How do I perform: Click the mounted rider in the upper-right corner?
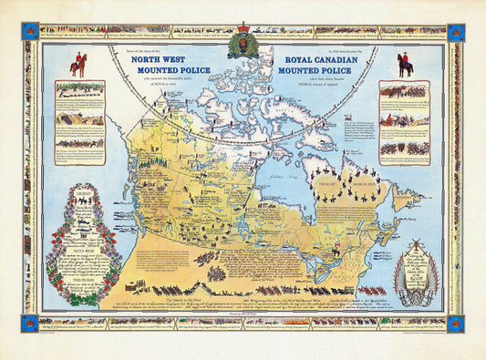pos(405,61)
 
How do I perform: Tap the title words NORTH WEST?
pos(160,57)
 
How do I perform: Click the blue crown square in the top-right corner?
pos(456,32)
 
